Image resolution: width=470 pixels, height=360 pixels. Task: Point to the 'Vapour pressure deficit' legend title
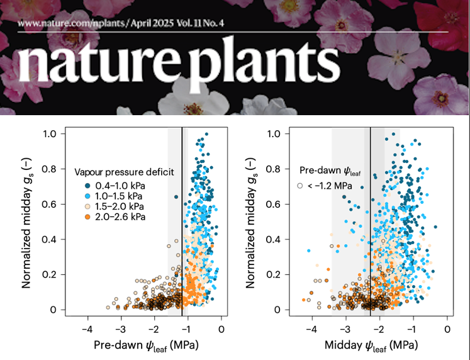point(124,171)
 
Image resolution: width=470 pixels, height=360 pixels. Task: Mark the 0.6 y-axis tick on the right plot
point(275,204)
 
